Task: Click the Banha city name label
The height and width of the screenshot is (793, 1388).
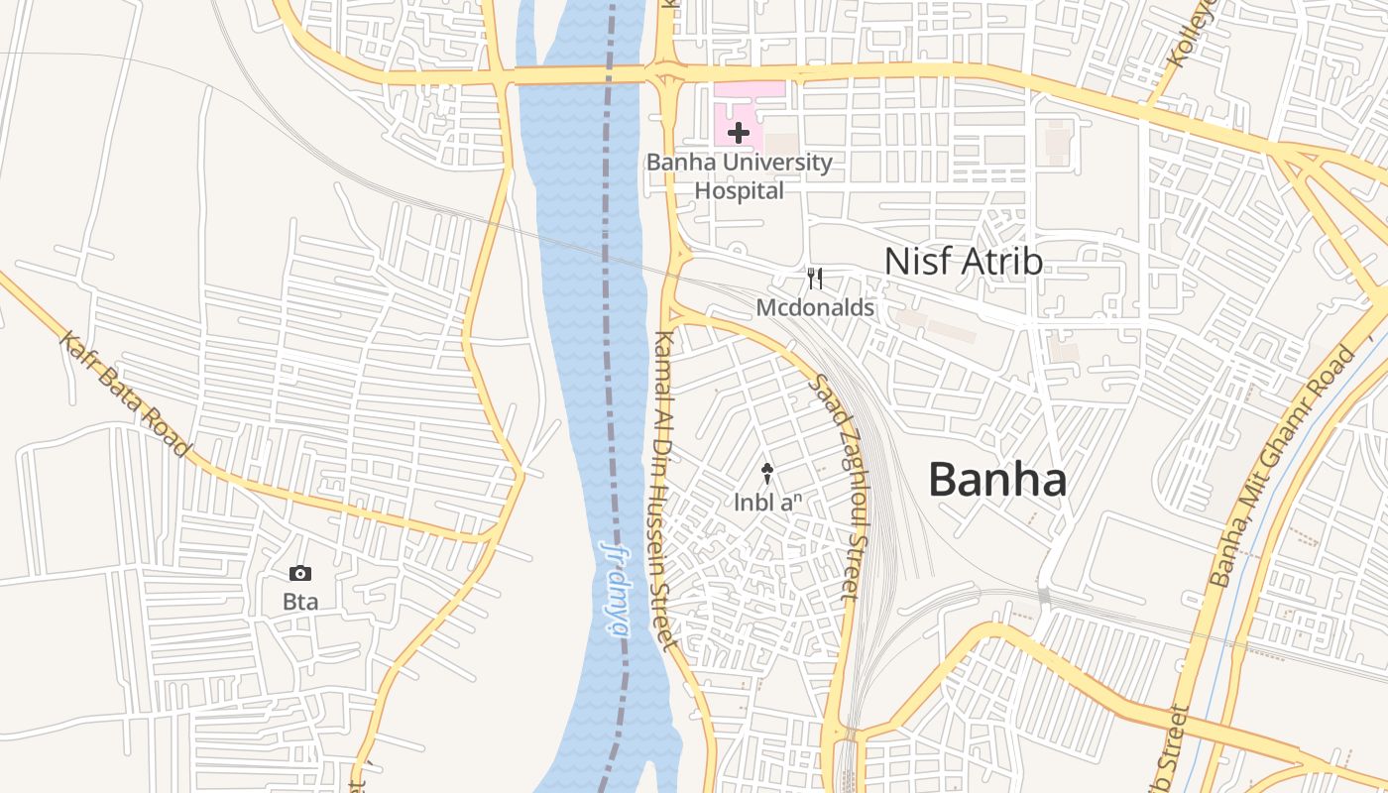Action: point(997,480)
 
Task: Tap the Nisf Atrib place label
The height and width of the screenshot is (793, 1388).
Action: point(963,262)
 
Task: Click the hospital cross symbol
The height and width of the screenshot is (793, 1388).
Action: point(739,132)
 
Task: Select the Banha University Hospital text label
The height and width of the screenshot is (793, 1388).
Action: point(740,175)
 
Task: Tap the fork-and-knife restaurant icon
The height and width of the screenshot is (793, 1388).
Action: point(815,279)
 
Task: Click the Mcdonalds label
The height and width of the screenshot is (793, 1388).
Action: point(815,308)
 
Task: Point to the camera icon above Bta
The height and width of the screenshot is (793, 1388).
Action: point(299,573)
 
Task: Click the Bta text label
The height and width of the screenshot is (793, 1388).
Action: point(299,602)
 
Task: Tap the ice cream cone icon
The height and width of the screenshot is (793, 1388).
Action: point(766,474)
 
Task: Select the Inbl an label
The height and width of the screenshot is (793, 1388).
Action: point(766,503)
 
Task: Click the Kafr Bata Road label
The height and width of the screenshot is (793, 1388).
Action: point(124,395)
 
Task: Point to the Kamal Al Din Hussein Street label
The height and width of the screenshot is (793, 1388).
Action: point(662,491)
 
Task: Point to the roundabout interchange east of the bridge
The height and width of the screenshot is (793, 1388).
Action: point(666,75)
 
